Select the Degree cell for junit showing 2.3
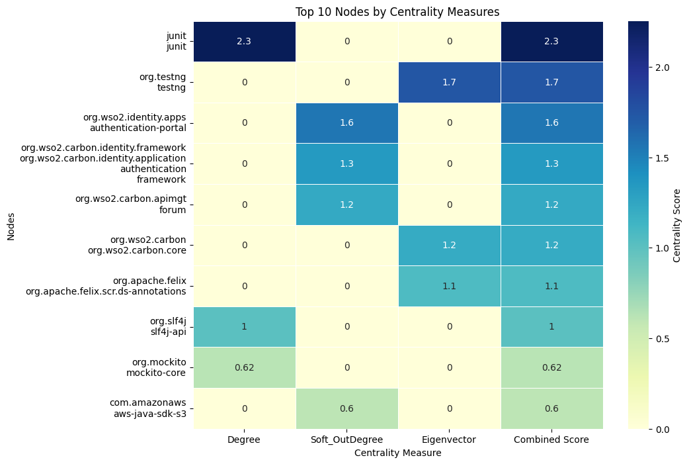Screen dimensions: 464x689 pyautogui.click(x=245, y=41)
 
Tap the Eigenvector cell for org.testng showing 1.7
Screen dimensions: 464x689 pyautogui.click(x=449, y=82)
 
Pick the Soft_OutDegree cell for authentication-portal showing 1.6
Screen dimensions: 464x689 pyautogui.click(x=346, y=122)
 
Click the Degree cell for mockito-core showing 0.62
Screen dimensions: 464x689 pyautogui.click(x=245, y=367)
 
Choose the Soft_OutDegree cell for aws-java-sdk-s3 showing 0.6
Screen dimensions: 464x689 pyautogui.click(x=346, y=408)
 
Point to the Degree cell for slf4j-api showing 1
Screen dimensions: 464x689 pyautogui.click(x=245, y=326)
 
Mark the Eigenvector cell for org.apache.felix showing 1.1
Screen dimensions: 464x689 pyautogui.click(x=449, y=286)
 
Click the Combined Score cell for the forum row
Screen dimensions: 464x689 pyautogui.click(x=551, y=205)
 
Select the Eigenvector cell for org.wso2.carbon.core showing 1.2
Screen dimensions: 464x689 pyautogui.click(x=449, y=245)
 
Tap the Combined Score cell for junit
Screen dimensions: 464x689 pyautogui.click(x=551, y=41)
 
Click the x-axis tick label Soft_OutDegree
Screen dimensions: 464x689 pyautogui.click(x=346, y=440)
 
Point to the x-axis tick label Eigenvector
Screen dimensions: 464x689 pyautogui.click(x=449, y=440)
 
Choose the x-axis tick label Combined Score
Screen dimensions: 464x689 pyautogui.click(x=551, y=440)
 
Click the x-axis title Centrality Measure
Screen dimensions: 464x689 pyautogui.click(x=397, y=453)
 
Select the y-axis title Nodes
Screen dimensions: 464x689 pyautogui.click(x=11, y=225)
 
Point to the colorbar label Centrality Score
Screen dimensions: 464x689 pyautogui.click(x=677, y=225)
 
